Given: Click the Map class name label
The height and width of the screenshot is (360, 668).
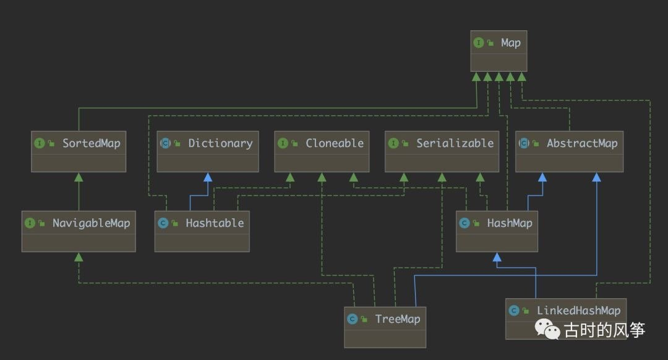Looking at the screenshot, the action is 511,43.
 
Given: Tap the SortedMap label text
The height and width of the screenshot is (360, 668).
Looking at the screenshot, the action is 92,143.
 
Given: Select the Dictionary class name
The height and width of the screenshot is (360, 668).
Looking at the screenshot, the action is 221,144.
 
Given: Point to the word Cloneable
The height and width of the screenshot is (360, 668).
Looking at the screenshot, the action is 335,143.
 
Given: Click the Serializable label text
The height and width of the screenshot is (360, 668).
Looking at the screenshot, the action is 455,143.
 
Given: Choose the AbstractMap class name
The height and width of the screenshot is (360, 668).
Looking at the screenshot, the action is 582,143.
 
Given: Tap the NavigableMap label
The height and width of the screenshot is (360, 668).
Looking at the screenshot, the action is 91,223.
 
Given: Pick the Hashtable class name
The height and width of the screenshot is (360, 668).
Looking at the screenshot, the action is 215,223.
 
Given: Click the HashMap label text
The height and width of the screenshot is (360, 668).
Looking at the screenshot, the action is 510,223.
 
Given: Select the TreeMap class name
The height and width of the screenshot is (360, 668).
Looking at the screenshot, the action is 398,319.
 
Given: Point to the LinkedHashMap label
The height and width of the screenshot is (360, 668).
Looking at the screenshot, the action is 578,311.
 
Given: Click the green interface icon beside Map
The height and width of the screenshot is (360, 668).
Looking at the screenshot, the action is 478,43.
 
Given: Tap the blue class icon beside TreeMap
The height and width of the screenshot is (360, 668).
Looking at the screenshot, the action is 353,319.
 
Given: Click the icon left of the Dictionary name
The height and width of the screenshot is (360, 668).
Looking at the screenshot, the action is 165,143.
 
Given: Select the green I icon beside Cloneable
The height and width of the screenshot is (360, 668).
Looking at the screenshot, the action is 283,143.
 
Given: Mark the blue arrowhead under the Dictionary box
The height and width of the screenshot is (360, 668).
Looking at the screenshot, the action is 208,178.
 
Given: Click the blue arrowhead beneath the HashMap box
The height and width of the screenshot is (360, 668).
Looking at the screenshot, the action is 497,257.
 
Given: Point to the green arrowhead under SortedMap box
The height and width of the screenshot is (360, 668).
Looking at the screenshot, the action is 79,178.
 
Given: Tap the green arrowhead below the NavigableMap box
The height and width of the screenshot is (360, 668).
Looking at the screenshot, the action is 79,257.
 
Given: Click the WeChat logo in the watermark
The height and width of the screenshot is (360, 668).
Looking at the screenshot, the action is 547,329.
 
